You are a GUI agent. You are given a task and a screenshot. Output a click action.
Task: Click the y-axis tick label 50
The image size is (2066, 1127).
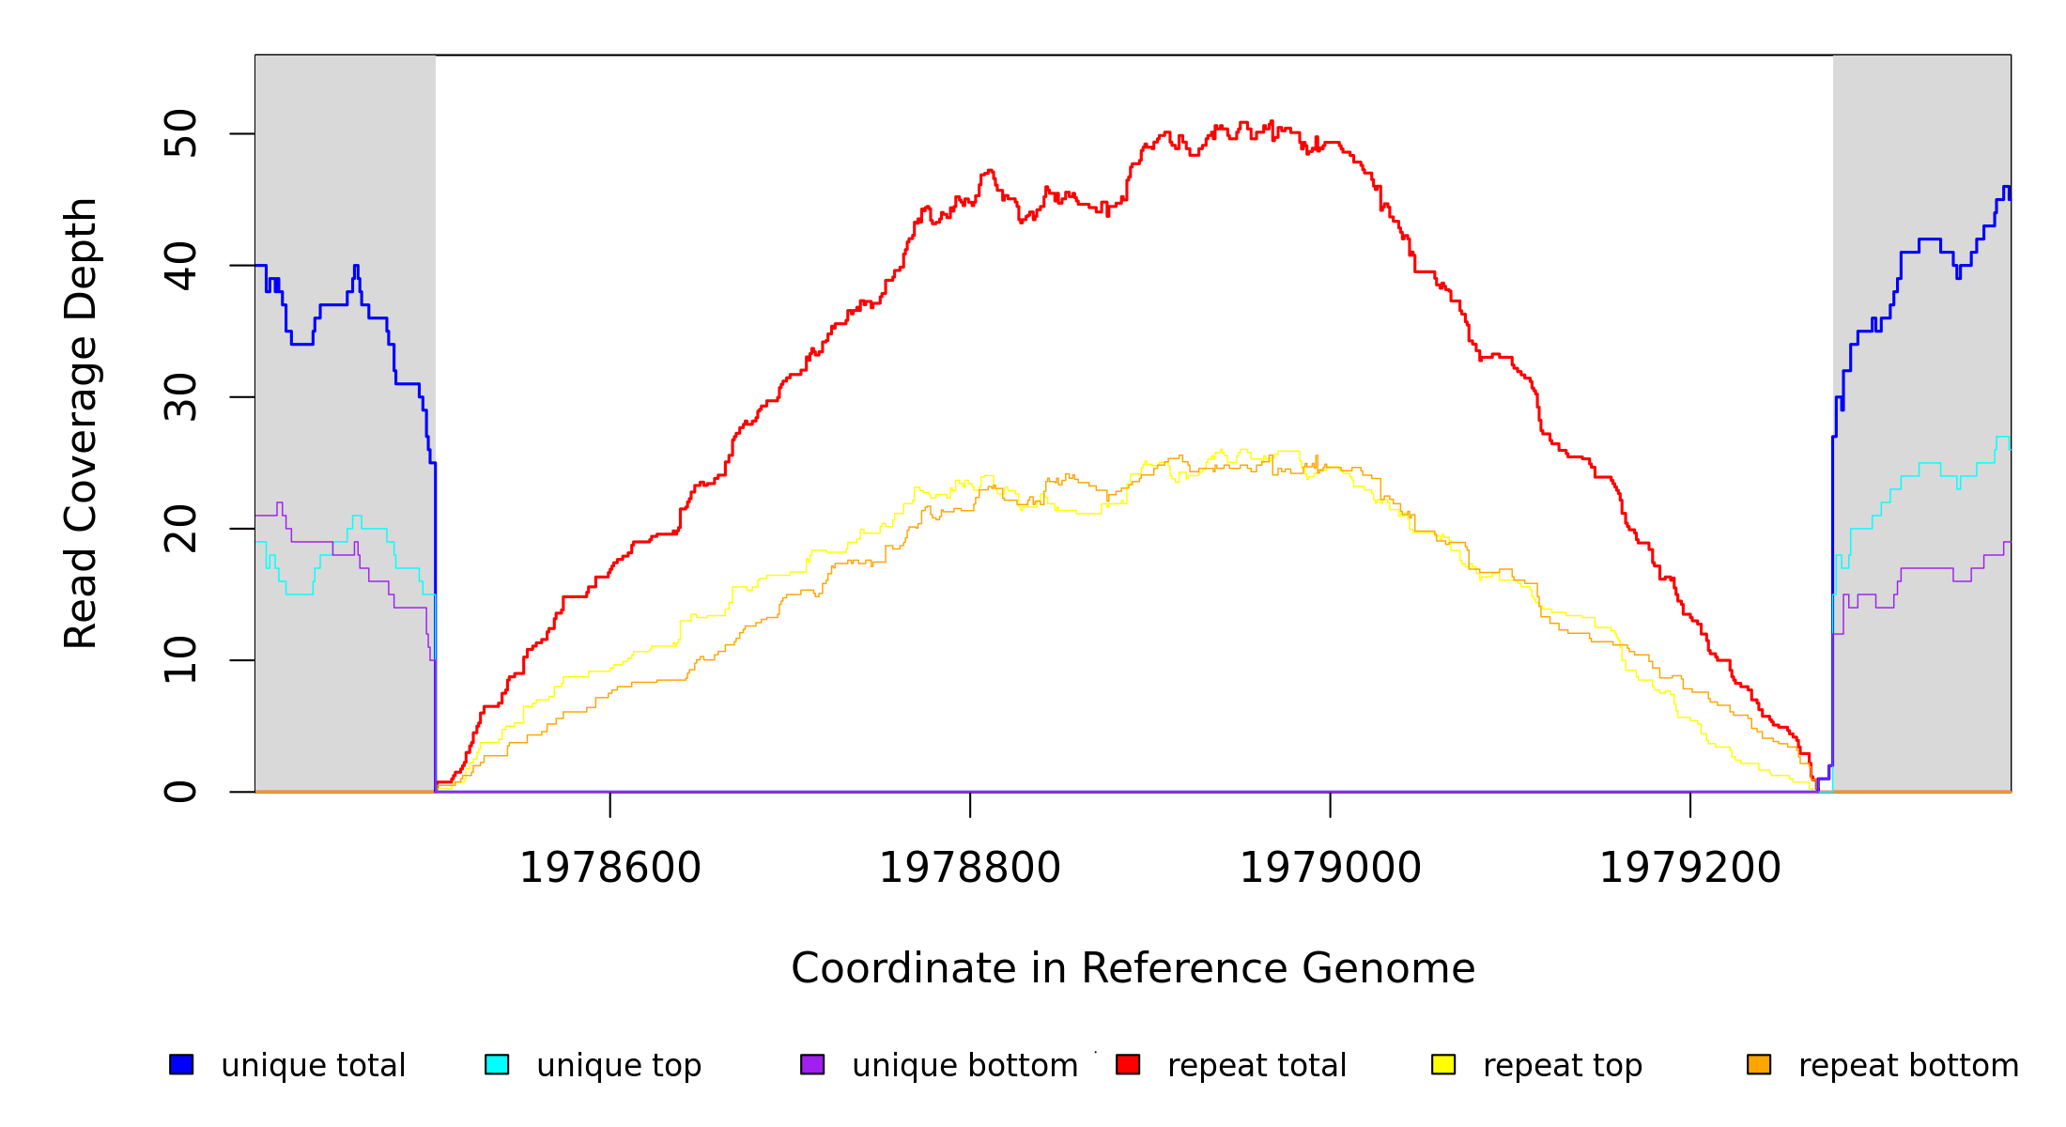(180, 133)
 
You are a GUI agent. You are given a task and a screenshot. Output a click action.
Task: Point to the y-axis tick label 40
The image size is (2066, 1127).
(180, 266)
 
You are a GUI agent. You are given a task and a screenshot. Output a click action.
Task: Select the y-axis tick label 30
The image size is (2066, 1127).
(180, 397)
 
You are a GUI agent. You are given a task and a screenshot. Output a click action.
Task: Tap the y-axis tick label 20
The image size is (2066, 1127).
(180, 529)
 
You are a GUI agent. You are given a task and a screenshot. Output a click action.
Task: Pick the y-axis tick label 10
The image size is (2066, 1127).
(180, 660)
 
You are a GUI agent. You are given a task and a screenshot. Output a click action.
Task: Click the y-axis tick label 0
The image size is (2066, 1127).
(180, 792)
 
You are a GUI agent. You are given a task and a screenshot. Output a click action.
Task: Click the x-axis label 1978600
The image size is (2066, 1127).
(610, 869)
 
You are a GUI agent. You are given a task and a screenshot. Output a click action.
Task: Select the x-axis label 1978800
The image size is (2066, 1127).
(970, 869)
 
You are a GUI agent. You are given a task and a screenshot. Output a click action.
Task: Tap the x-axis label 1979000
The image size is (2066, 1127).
(1331, 869)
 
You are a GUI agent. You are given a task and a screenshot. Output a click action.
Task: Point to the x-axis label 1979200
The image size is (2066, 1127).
(1690, 869)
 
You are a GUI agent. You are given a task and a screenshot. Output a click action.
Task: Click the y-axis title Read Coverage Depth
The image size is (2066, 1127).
(81, 423)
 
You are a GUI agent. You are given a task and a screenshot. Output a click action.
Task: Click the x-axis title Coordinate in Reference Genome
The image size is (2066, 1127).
(1133, 969)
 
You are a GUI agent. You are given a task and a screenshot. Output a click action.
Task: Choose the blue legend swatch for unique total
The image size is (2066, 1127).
(181, 1065)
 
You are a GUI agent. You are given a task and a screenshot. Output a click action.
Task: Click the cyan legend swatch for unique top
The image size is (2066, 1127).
(497, 1065)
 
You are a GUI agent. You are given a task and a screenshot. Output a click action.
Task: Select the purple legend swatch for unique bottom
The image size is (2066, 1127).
(812, 1065)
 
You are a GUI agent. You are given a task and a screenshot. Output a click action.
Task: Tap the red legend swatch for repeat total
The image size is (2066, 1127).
(1128, 1065)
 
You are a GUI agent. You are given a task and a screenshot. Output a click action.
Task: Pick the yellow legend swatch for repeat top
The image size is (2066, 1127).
(1443, 1065)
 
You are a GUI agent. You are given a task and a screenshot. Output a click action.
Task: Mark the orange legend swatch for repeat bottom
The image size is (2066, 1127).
(1759, 1065)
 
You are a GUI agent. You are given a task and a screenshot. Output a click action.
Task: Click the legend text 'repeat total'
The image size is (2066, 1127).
(1257, 1066)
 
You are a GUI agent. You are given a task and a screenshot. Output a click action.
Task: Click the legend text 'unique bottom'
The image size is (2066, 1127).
(964, 1066)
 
